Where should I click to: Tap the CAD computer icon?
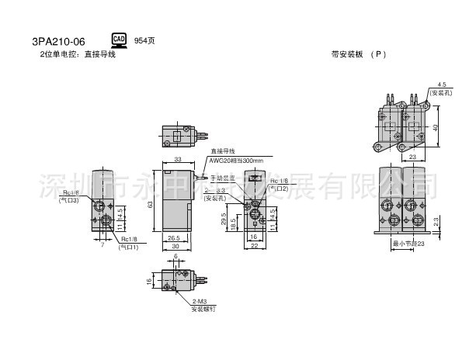point(119,40)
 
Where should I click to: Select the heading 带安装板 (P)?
point(357,54)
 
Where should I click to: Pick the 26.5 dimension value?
point(174,238)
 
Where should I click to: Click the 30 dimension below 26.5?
point(175,247)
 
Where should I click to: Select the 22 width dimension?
point(255,247)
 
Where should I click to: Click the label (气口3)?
point(69,200)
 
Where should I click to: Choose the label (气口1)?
point(128,247)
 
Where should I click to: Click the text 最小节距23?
point(410,244)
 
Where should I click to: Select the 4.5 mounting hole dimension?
point(442,84)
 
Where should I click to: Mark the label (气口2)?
point(280,189)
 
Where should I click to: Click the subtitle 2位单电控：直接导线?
point(78,54)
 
